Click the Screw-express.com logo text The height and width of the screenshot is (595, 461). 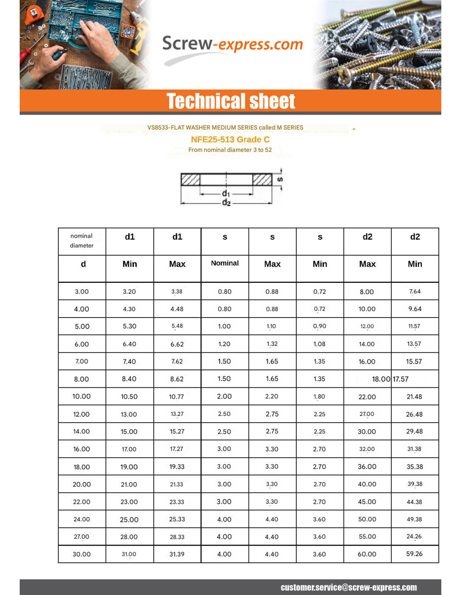click(x=232, y=44)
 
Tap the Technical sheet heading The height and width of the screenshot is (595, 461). click(x=230, y=101)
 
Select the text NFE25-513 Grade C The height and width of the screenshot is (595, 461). click(x=230, y=139)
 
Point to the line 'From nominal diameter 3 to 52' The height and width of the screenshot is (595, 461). click(x=230, y=150)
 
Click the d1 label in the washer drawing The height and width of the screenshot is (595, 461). click(x=226, y=193)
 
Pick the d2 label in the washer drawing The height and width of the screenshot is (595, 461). click(x=226, y=203)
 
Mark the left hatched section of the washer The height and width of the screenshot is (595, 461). click(x=190, y=180)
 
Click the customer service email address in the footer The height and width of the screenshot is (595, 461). click(x=348, y=587)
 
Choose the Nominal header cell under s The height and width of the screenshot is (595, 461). click(x=225, y=263)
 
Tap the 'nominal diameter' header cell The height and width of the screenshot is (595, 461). click(x=82, y=241)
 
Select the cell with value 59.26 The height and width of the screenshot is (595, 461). click(x=414, y=554)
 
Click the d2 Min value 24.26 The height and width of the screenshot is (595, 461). click(x=414, y=536)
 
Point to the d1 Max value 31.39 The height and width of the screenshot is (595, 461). click(x=177, y=554)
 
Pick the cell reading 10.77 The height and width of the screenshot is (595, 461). click(x=176, y=397)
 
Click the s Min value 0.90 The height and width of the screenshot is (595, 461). click(x=319, y=326)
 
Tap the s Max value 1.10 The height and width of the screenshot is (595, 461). click(x=272, y=326)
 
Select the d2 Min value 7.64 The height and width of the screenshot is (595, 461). click(x=414, y=292)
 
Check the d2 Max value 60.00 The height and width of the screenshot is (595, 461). click(x=367, y=554)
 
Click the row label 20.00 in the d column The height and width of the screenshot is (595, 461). click(x=82, y=484)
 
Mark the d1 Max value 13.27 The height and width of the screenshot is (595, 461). click(x=177, y=414)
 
